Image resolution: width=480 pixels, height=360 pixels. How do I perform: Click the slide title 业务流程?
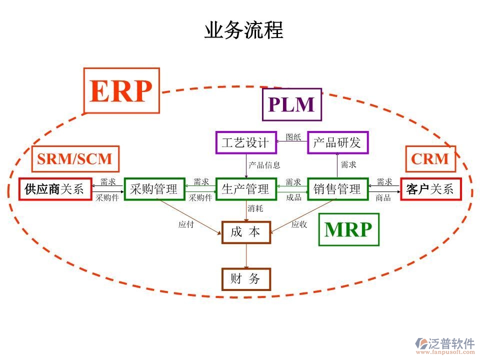(x=243, y=30)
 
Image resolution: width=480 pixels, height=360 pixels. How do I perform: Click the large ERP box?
(x=121, y=91)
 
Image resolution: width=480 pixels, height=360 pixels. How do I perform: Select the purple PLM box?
(x=291, y=104)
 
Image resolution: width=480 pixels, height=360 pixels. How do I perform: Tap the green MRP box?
(x=348, y=229)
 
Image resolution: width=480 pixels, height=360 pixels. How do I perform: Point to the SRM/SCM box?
(x=74, y=159)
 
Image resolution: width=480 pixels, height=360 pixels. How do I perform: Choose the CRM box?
(x=430, y=159)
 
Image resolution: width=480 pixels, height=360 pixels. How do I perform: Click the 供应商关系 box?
(x=55, y=189)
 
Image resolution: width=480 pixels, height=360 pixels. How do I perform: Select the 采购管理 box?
(x=154, y=189)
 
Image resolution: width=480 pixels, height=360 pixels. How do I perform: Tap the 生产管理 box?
(x=245, y=189)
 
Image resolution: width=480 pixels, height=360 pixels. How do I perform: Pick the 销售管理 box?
(x=337, y=189)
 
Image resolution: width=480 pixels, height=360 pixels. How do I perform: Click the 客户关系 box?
(x=429, y=189)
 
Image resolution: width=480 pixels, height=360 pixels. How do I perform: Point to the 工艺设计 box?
(x=245, y=142)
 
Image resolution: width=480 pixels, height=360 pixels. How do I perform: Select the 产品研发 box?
(x=337, y=142)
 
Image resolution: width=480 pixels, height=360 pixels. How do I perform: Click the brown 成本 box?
(x=245, y=232)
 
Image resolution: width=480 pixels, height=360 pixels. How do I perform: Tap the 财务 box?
(x=245, y=279)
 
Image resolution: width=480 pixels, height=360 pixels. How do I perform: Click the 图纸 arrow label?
(x=293, y=137)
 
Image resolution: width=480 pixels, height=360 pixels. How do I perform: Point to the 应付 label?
(x=186, y=224)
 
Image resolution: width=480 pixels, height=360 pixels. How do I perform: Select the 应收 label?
(x=299, y=224)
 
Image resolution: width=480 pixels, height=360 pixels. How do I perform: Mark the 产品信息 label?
(x=264, y=164)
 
